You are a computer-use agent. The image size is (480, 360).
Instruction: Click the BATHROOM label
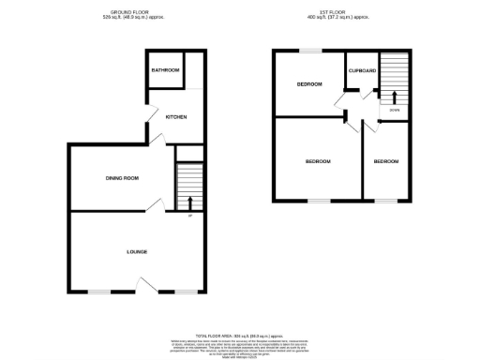coord(166,70)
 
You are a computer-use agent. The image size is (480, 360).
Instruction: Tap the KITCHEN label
coord(176,117)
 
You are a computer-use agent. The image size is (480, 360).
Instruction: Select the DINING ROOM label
coord(122,178)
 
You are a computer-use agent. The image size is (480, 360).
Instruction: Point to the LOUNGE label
coord(138,251)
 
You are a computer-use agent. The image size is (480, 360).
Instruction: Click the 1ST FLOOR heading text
coord(331,12)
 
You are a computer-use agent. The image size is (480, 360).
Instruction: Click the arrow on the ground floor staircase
coord(190,202)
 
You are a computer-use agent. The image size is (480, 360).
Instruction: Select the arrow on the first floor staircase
coord(394,97)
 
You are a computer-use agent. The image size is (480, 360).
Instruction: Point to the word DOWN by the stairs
coord(395,112)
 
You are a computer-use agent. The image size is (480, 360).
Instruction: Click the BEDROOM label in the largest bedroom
coord(318,161)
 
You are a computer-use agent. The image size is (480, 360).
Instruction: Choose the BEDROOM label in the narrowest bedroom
coord(385,161)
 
